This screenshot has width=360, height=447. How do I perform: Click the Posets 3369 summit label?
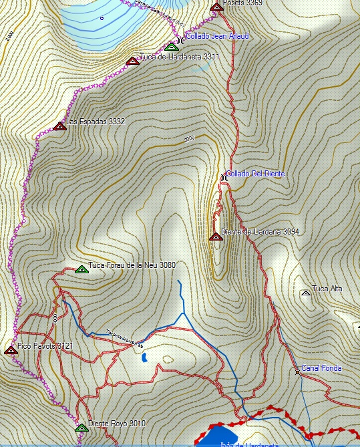click(242, 3)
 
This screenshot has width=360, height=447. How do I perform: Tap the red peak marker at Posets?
click(216, 7)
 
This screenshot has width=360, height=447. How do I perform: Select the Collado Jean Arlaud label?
click(217, 35)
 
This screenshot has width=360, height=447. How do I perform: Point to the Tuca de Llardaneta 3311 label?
click(179, 57)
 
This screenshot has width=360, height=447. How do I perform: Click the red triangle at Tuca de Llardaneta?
click(132, 61)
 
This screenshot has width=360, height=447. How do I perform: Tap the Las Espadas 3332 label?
click(96, 122)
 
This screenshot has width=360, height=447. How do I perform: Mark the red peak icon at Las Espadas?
click(59, 126)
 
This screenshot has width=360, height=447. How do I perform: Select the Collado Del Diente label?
click(255, 174)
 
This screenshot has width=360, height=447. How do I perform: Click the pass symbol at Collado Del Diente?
click(224, 177)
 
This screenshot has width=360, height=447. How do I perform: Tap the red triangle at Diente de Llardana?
click(215, 236)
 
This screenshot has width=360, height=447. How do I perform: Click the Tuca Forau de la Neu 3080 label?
click(132, 265)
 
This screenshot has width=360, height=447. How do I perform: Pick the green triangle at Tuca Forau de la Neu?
click(81, 269)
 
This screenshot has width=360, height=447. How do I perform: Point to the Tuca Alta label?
click(327, 289)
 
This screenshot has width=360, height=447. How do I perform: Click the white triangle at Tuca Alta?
click(305, 293)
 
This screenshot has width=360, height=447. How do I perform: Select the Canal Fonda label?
click(321, 368)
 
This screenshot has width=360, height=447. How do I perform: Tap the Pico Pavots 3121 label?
click(45, 346)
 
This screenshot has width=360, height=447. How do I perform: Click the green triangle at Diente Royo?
click(81, 428)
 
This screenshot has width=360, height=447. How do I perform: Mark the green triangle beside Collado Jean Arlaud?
click(171, 46)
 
